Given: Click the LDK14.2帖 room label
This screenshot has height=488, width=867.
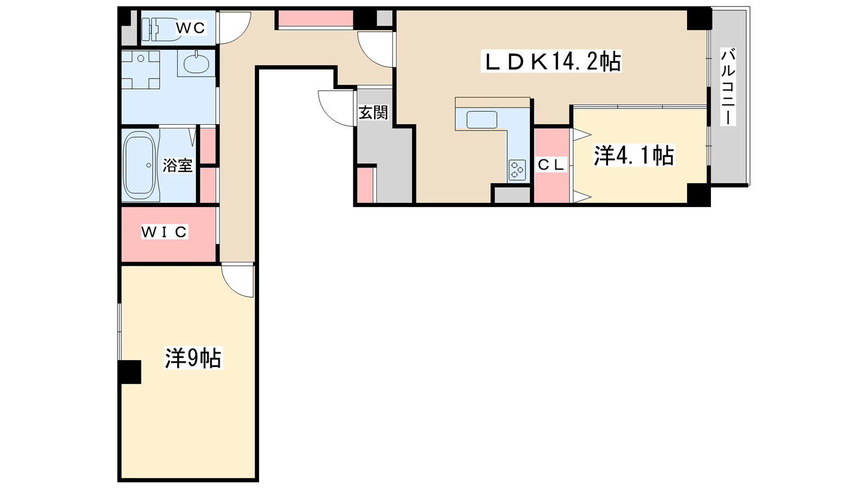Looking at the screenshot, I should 551,61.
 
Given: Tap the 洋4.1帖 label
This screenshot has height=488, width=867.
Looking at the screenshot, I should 633,156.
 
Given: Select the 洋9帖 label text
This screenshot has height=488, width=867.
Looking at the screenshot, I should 193,358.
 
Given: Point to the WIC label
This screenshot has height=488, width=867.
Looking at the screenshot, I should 164,232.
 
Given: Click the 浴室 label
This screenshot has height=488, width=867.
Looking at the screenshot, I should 177,165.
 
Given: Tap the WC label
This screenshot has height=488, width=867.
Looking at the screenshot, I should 191,28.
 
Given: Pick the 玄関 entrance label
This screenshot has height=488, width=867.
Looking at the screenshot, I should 373,113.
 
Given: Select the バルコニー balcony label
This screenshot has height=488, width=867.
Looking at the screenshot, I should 728,87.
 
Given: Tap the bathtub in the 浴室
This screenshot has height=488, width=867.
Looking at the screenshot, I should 140,165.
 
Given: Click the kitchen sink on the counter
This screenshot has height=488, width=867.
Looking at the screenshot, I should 482,120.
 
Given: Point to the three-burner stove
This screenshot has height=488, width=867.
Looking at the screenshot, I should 517,170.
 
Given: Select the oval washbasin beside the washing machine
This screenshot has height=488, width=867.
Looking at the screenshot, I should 196,63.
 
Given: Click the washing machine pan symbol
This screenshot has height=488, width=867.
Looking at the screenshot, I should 140,69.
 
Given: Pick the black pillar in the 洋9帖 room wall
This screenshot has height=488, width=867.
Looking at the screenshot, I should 130,372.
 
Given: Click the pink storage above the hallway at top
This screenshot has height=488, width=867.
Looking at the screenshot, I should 315,18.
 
